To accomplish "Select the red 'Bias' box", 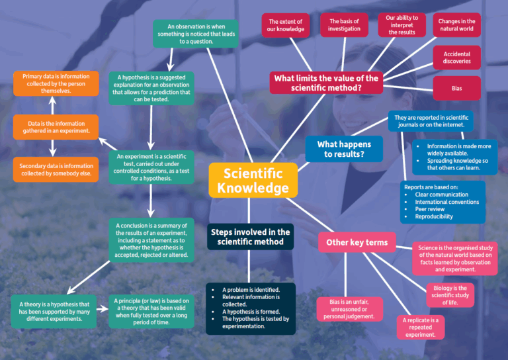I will [x=456, y=88].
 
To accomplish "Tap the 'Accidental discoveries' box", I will [x=456, y=58].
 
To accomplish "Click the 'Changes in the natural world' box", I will [x=456, y=26].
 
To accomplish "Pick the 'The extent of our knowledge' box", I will [x=286, y=26].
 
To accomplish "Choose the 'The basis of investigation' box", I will [x=344, y=25].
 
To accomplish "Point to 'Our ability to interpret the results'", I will [x=402, y=26].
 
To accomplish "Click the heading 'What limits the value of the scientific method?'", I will [x=327, y=83].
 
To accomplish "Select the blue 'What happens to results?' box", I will [x=344, y=149].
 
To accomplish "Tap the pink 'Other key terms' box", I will [x=357, y=242].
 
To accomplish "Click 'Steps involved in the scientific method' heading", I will [x=250, y=237].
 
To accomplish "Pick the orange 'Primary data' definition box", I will [x=56, y=84].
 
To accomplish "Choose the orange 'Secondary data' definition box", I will [x=56, y=169].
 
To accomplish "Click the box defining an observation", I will [x=186, y=34].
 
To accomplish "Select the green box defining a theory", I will [x=55, y=309].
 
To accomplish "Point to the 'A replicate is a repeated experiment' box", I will [x=421, y=328].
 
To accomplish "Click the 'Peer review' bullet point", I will [x=431, y=209].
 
